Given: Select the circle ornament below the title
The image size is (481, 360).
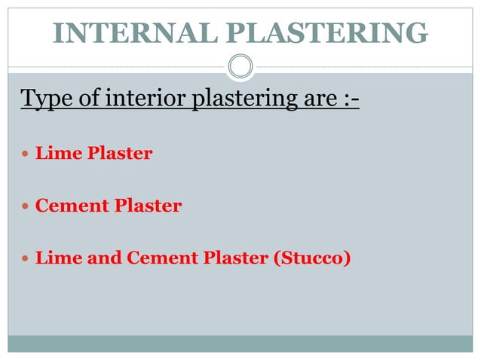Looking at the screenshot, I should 240,66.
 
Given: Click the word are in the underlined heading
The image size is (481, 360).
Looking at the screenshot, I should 311,99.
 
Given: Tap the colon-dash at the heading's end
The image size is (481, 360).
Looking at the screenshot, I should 346,99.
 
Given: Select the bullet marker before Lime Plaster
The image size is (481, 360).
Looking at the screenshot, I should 27,154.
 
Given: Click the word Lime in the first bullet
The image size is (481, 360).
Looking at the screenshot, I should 54,154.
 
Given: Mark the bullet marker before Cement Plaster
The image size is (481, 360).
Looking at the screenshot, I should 27,206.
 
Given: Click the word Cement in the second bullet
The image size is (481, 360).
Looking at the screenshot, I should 69,206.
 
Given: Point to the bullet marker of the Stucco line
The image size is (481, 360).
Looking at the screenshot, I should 27,258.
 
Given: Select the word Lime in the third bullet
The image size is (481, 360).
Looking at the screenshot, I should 54,258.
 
